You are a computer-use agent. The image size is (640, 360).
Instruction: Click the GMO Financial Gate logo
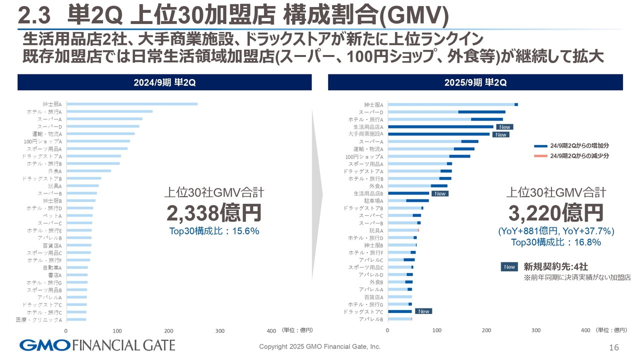97,345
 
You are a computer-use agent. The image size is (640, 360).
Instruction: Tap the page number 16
614,347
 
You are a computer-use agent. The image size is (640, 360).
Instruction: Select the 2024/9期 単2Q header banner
164,82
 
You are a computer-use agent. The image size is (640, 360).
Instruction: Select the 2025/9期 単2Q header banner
475,82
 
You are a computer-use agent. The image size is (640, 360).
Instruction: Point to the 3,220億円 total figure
556,213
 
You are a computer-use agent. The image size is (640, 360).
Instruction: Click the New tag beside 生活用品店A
504,127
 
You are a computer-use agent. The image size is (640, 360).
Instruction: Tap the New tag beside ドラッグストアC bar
423,311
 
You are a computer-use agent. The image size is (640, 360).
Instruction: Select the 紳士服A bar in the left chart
132,104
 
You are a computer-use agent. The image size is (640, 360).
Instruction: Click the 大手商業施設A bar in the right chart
438,134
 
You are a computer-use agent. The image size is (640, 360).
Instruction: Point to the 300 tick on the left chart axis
219,330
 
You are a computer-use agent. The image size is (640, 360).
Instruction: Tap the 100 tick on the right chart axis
437,330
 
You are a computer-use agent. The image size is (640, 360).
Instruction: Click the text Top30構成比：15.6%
214,231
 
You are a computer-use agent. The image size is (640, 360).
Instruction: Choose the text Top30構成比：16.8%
556,242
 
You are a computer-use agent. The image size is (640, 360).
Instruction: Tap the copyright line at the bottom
319,346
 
